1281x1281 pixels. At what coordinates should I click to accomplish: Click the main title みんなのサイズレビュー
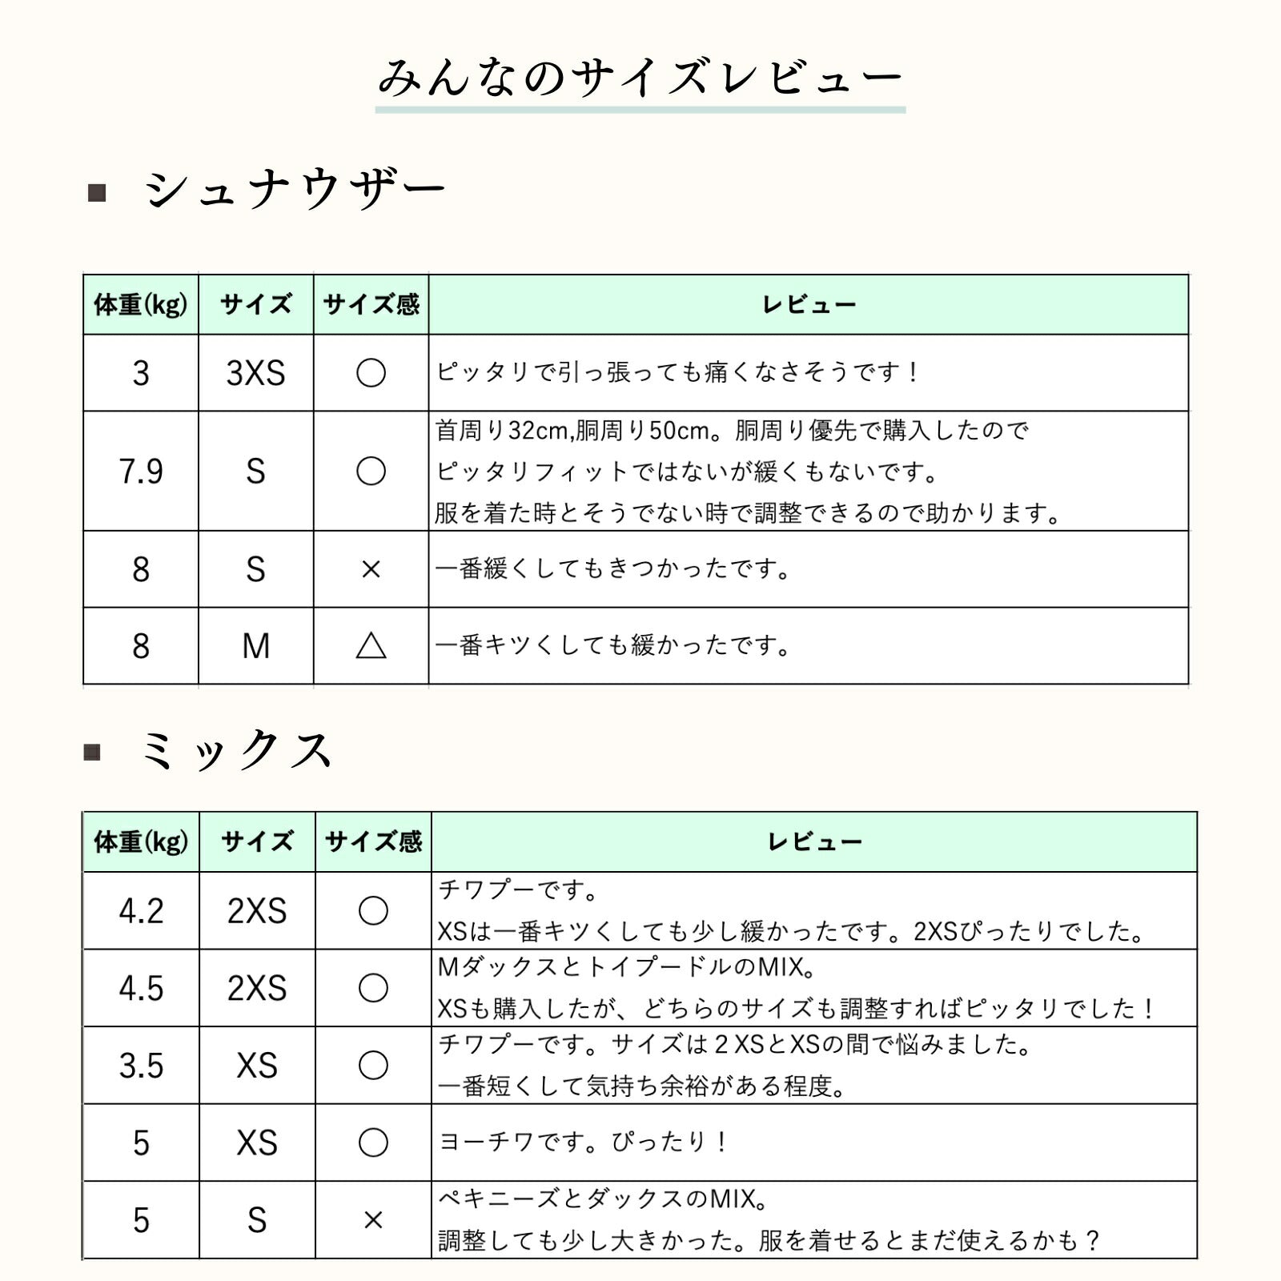640,78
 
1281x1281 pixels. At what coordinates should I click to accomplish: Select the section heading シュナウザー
295,191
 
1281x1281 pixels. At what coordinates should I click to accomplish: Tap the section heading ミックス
236,751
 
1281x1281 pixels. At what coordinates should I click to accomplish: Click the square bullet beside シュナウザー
97,192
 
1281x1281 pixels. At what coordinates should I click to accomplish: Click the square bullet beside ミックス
93,752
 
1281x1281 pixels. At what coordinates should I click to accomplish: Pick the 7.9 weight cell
141,472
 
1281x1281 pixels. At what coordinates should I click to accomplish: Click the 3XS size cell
255,373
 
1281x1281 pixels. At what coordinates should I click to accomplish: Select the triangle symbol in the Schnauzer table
371,645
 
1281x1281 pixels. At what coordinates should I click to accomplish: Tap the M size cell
255,645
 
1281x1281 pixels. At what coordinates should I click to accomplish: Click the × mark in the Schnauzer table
371,569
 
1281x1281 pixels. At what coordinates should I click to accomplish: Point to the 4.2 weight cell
141,911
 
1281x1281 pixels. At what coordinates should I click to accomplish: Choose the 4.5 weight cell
141,988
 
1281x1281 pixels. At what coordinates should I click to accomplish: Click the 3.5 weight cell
141,1066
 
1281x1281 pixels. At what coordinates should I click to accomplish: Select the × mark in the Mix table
373,1220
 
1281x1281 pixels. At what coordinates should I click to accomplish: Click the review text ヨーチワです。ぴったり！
583,1142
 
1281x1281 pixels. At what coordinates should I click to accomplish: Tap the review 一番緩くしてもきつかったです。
613,569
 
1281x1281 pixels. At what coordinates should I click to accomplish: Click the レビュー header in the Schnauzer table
809,305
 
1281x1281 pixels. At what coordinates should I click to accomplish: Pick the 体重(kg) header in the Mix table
141,842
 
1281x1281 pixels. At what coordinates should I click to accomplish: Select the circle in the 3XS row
371,373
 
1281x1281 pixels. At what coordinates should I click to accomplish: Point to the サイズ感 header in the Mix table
373,842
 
